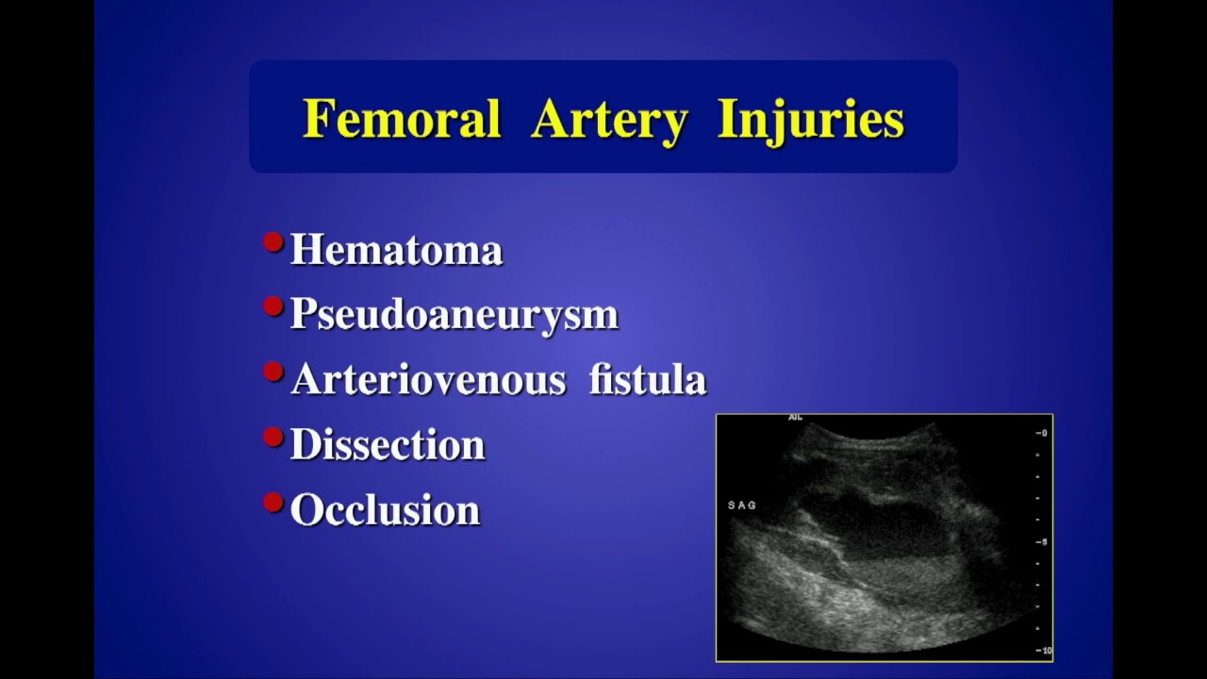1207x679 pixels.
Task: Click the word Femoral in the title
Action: [402, 120]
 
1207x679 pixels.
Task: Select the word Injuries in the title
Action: [810, 120]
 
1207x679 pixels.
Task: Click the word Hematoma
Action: [396, 250]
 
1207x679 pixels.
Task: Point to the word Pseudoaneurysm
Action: [454, 314]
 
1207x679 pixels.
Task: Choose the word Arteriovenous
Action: [428, 379]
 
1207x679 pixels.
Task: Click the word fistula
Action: [647, 379]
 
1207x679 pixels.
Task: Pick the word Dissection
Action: [387, 444]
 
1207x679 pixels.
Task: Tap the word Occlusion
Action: [385, 509]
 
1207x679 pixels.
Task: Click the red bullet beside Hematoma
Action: [273, 243]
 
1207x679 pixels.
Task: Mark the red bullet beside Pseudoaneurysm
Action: [273, 307]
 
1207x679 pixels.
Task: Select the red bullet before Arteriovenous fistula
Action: [273, 373]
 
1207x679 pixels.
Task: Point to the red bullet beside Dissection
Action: [273, 438]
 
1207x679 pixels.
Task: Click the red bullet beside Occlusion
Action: [273, 503]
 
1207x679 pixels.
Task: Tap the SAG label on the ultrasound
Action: [742, 505]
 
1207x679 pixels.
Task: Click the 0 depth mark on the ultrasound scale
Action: [1042, 433]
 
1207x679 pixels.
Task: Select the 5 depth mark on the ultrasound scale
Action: [1042, 541]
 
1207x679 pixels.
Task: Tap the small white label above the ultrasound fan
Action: [795, 418]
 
